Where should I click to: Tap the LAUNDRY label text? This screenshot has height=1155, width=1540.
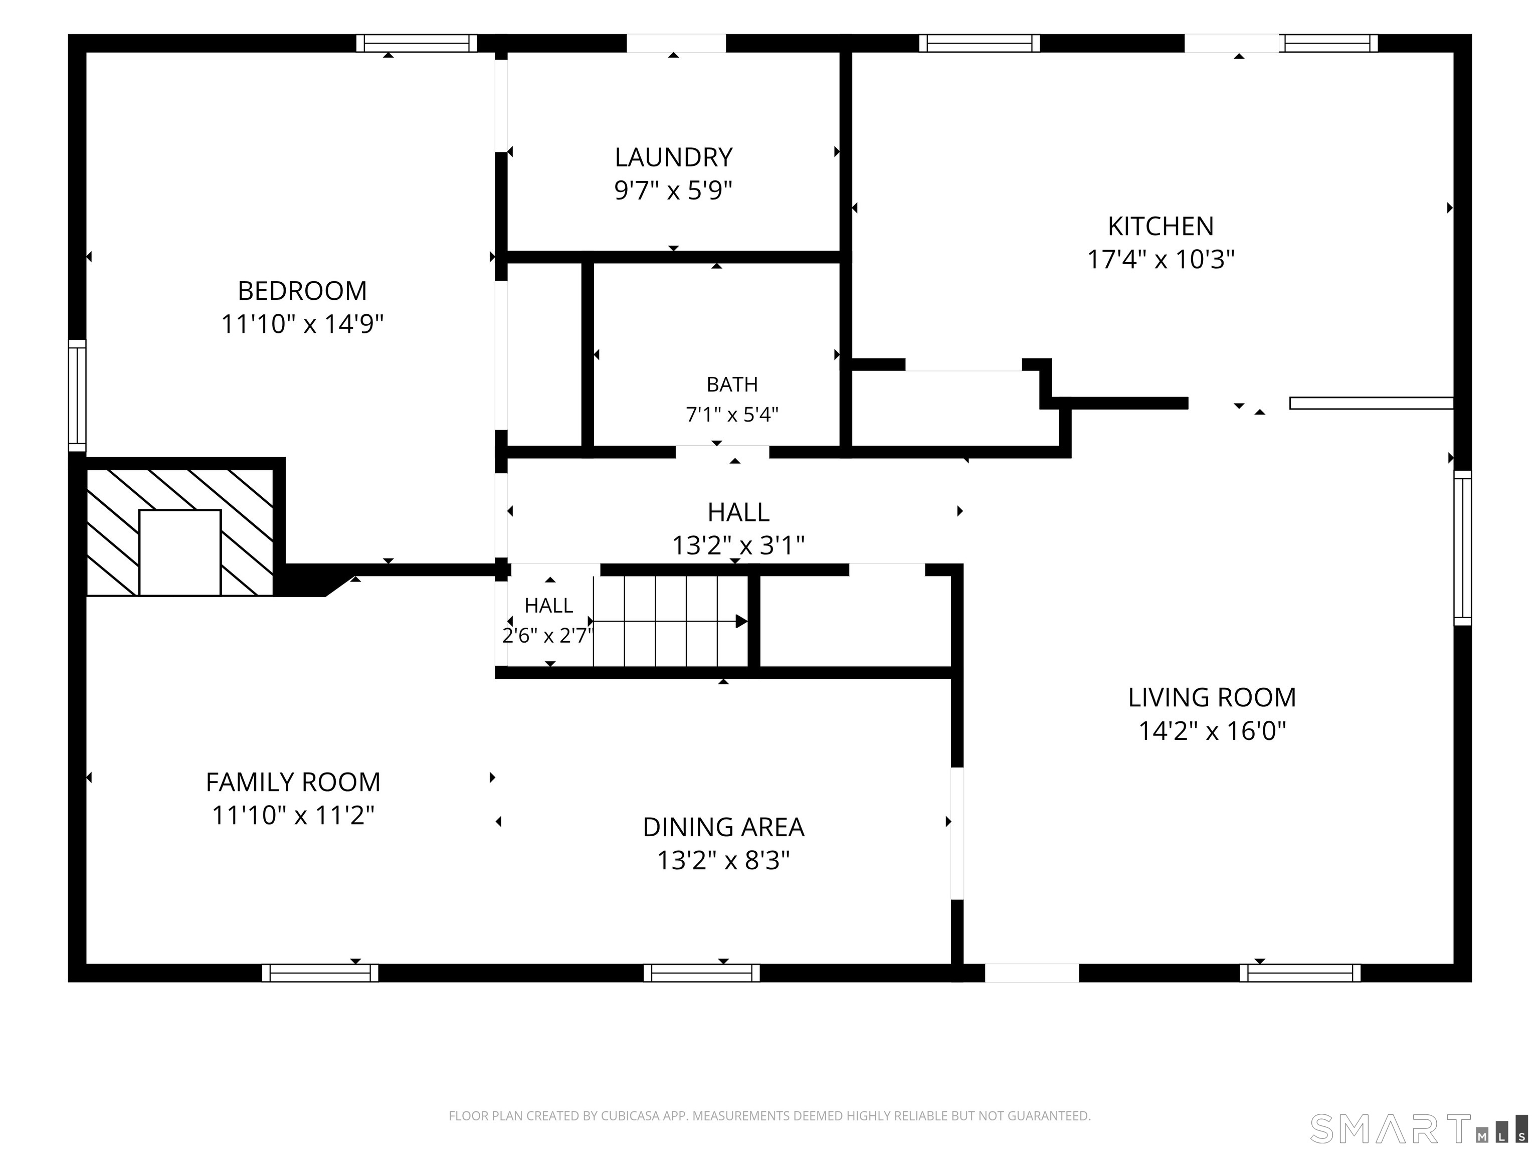(673, 157)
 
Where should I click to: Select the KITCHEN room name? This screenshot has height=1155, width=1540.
(1161, 226)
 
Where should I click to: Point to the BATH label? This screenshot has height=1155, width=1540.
(732, 384)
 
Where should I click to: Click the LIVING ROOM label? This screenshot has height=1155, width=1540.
(1212, 698)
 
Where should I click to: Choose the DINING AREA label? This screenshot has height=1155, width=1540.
(723, 827)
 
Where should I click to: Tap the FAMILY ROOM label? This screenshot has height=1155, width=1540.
(293, 783)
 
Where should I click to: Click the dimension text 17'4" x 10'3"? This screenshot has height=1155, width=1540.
(1161, 260)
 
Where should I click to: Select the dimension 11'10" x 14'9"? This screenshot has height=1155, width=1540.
(302, 324)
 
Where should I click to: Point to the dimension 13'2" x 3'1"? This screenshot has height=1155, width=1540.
(738, 545)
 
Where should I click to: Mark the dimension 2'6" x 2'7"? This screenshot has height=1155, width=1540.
(548, 636)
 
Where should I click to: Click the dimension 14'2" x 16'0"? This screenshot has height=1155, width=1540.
(1212, 731)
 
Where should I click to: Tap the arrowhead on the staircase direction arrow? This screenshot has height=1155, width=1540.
(741, 621)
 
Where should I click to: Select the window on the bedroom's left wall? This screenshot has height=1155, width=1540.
(77, 396)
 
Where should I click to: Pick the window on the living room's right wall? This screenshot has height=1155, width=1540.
(1463, 548)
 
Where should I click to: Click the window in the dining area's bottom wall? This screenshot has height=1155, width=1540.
(702, 973)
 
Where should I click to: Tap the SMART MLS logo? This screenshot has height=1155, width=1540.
(1418, 1129)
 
